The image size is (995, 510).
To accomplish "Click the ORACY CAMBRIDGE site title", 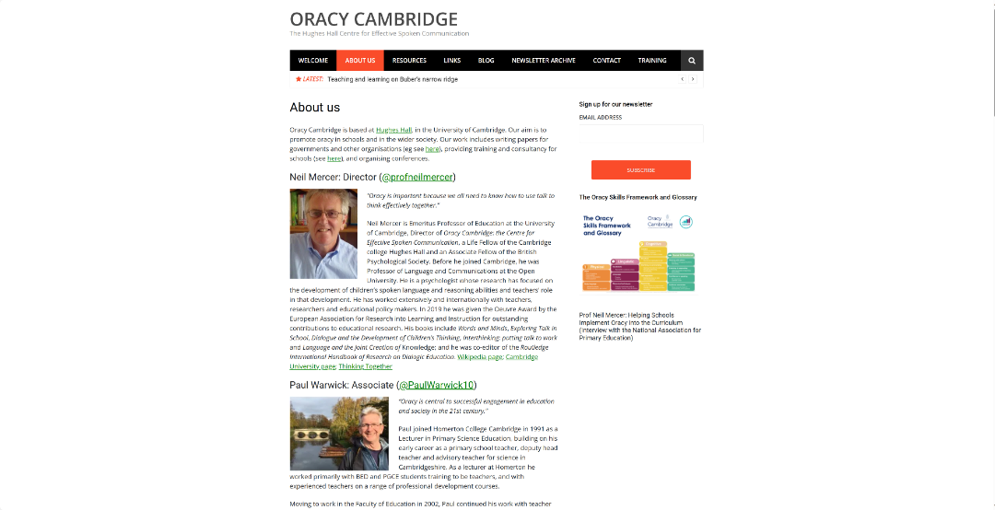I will (373, 19).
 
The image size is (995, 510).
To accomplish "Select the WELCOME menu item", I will (313, 61).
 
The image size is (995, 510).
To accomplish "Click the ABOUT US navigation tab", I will (359, 61).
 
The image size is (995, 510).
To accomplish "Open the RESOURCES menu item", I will (409, 61).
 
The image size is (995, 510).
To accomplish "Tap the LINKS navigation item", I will (451, 61).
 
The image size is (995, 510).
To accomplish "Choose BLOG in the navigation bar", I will (486, 61).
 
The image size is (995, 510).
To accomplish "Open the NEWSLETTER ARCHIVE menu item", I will (544, 61).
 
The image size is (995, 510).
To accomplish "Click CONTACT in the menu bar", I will (606, 61).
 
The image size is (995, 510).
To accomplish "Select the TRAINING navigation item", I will (652, 61).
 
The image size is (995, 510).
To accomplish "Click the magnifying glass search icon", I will (692, 61).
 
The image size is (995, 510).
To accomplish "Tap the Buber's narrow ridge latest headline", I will (392, 79).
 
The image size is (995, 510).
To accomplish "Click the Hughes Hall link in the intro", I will (394, 131).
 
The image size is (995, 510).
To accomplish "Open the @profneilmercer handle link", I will (417, 177).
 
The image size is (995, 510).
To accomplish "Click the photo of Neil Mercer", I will (323, 234).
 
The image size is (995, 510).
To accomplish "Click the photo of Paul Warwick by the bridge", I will (339, 434).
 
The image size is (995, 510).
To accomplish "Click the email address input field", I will (640, 134).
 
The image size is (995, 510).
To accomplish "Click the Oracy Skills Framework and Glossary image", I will (637, 252).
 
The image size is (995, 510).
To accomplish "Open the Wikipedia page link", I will (479, 357).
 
